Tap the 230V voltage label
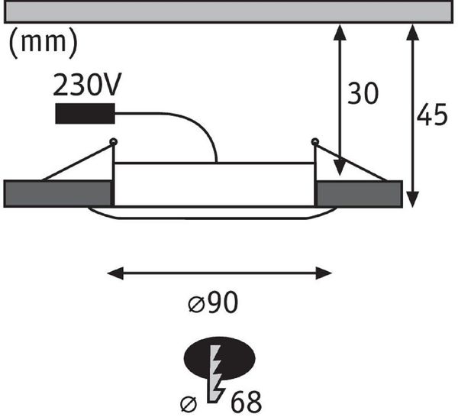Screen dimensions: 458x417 [87, 85]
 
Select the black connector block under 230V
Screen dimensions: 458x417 [85, 113]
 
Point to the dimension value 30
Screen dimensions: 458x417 [363, 93]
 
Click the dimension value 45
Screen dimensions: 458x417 [432, 115]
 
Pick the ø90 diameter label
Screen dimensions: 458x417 [213, 302]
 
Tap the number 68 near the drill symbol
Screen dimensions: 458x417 [246, 402]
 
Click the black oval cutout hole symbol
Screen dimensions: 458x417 [219, 358]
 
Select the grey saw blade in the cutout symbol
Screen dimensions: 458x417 [216, 373]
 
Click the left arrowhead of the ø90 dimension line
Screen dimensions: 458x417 [115, 273]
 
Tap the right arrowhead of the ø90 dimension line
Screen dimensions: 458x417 [324, 273]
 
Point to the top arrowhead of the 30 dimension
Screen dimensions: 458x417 [340, 32]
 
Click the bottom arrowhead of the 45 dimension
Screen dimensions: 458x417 [412, 199]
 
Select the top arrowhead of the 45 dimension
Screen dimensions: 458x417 [412, 32]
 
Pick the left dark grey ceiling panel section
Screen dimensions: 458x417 [57, 194]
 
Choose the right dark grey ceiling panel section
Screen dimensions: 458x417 [360, 194]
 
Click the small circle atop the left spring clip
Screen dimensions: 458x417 [113, 142]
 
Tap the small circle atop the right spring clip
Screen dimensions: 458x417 [314, 142]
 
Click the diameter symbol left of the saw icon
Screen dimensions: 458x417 [189, 405]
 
